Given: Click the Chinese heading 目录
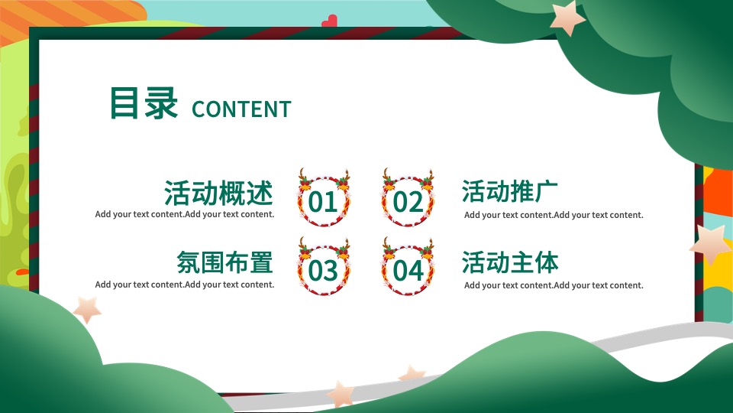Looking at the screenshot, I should point(144,103).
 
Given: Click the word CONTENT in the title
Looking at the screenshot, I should point(241,109).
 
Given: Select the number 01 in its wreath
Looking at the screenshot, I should point(322,202).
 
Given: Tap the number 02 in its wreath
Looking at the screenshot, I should point(408,202).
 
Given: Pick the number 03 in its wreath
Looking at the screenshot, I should point(322,271).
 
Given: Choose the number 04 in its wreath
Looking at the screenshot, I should point(408,271).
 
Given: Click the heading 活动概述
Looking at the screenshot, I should point(218,193).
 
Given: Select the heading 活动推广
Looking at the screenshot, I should point(509,191).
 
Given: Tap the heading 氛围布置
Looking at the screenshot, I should point(224,262).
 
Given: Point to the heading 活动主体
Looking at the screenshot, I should point(509,262).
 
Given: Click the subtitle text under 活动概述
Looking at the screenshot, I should point(185,214).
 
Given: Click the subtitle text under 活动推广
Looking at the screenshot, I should point(554,215).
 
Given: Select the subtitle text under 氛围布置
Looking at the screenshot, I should point(185,285).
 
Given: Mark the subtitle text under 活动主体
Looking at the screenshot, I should point(554,285).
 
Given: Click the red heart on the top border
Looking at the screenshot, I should point(329,22).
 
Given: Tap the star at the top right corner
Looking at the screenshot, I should point(567,18).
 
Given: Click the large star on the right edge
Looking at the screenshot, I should point(711,245).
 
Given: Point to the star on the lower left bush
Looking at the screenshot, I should point(87,309).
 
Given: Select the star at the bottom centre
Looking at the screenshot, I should point(341,393).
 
